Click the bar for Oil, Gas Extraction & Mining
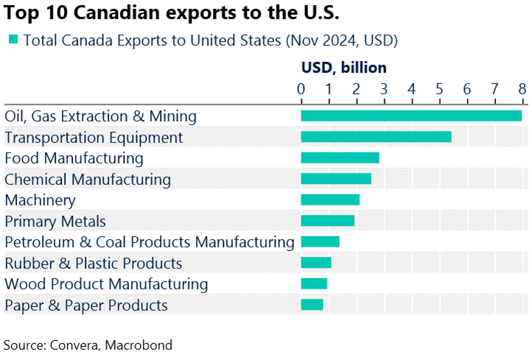click(x=411, y=116)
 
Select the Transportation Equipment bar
click(x=376, y=137)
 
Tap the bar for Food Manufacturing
click(x=340, y=158)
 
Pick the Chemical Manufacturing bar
click(x=336, y=178)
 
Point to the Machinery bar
click(x=330, y=200)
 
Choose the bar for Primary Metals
click(x=328, y=221)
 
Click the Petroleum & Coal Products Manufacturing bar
click(x=320, y=241)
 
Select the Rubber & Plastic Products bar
click(x=316, y=263)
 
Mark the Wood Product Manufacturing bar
click(x=314, y=283)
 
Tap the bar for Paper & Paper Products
click(x=312, y=305)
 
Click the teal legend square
click(x=13, y=39)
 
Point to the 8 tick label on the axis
click(x=522, y=89)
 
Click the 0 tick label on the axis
click(x=301, y=89)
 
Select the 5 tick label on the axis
click(x=439, y=89)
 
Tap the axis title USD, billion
click(x=343, y=68)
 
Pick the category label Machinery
click(x=40, y=200)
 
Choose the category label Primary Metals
click(x=55, y=221)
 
